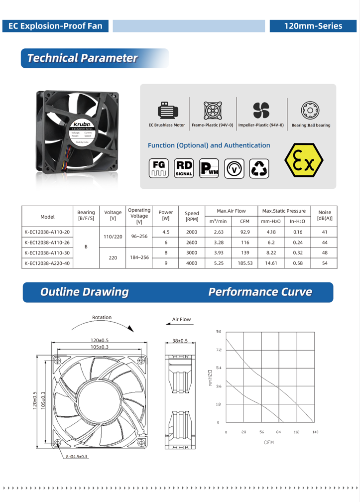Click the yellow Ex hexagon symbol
click(x=304, y=160)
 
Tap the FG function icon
click(x=159, y=168)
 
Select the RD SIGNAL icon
click(x=184, y=168)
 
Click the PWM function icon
click(x=209, y=168)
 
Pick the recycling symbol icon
click(x=259, y=168)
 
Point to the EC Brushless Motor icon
click(x=167, y=111)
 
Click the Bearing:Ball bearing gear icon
click(x=310, y=111)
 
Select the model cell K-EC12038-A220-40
click(x=47, y=263)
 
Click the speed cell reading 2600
click(x=192, y=243)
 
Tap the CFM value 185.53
click(x=245, y=263)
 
